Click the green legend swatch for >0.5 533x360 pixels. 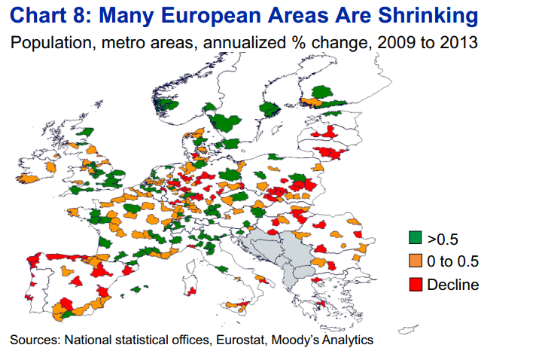(x=415, y=238)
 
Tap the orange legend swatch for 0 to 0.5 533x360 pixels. (x=415, y=261)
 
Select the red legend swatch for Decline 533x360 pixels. (x=415, y=285)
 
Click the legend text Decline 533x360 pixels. (x=452, y=285)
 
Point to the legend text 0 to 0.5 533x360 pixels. (x=452, y=261)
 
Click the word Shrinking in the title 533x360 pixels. (x=428, y=16)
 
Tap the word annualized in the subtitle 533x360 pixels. (x=245, y=43)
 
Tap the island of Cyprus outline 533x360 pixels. (x=408, y=329)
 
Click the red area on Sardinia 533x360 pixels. (x=192, y=291)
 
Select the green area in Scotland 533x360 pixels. (x=86, y=132)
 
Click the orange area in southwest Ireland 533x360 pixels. (x=28, y=178)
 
